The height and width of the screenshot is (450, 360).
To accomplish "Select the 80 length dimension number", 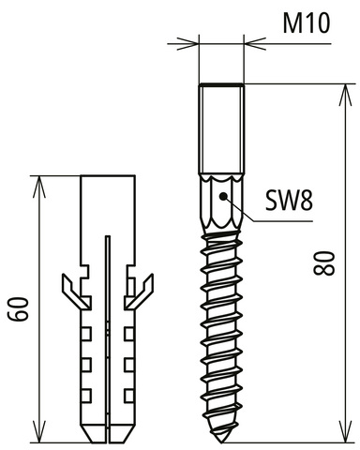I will [x=324, y=263].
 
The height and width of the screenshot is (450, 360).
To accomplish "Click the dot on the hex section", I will [x=220, y=196].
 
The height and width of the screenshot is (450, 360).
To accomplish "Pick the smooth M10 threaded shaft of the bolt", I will [x=221, y=127].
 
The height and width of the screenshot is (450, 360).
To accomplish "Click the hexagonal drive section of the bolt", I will [x=220, y=201].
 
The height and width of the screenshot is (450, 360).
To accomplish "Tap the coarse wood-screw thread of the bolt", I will [x=222, y=328].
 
